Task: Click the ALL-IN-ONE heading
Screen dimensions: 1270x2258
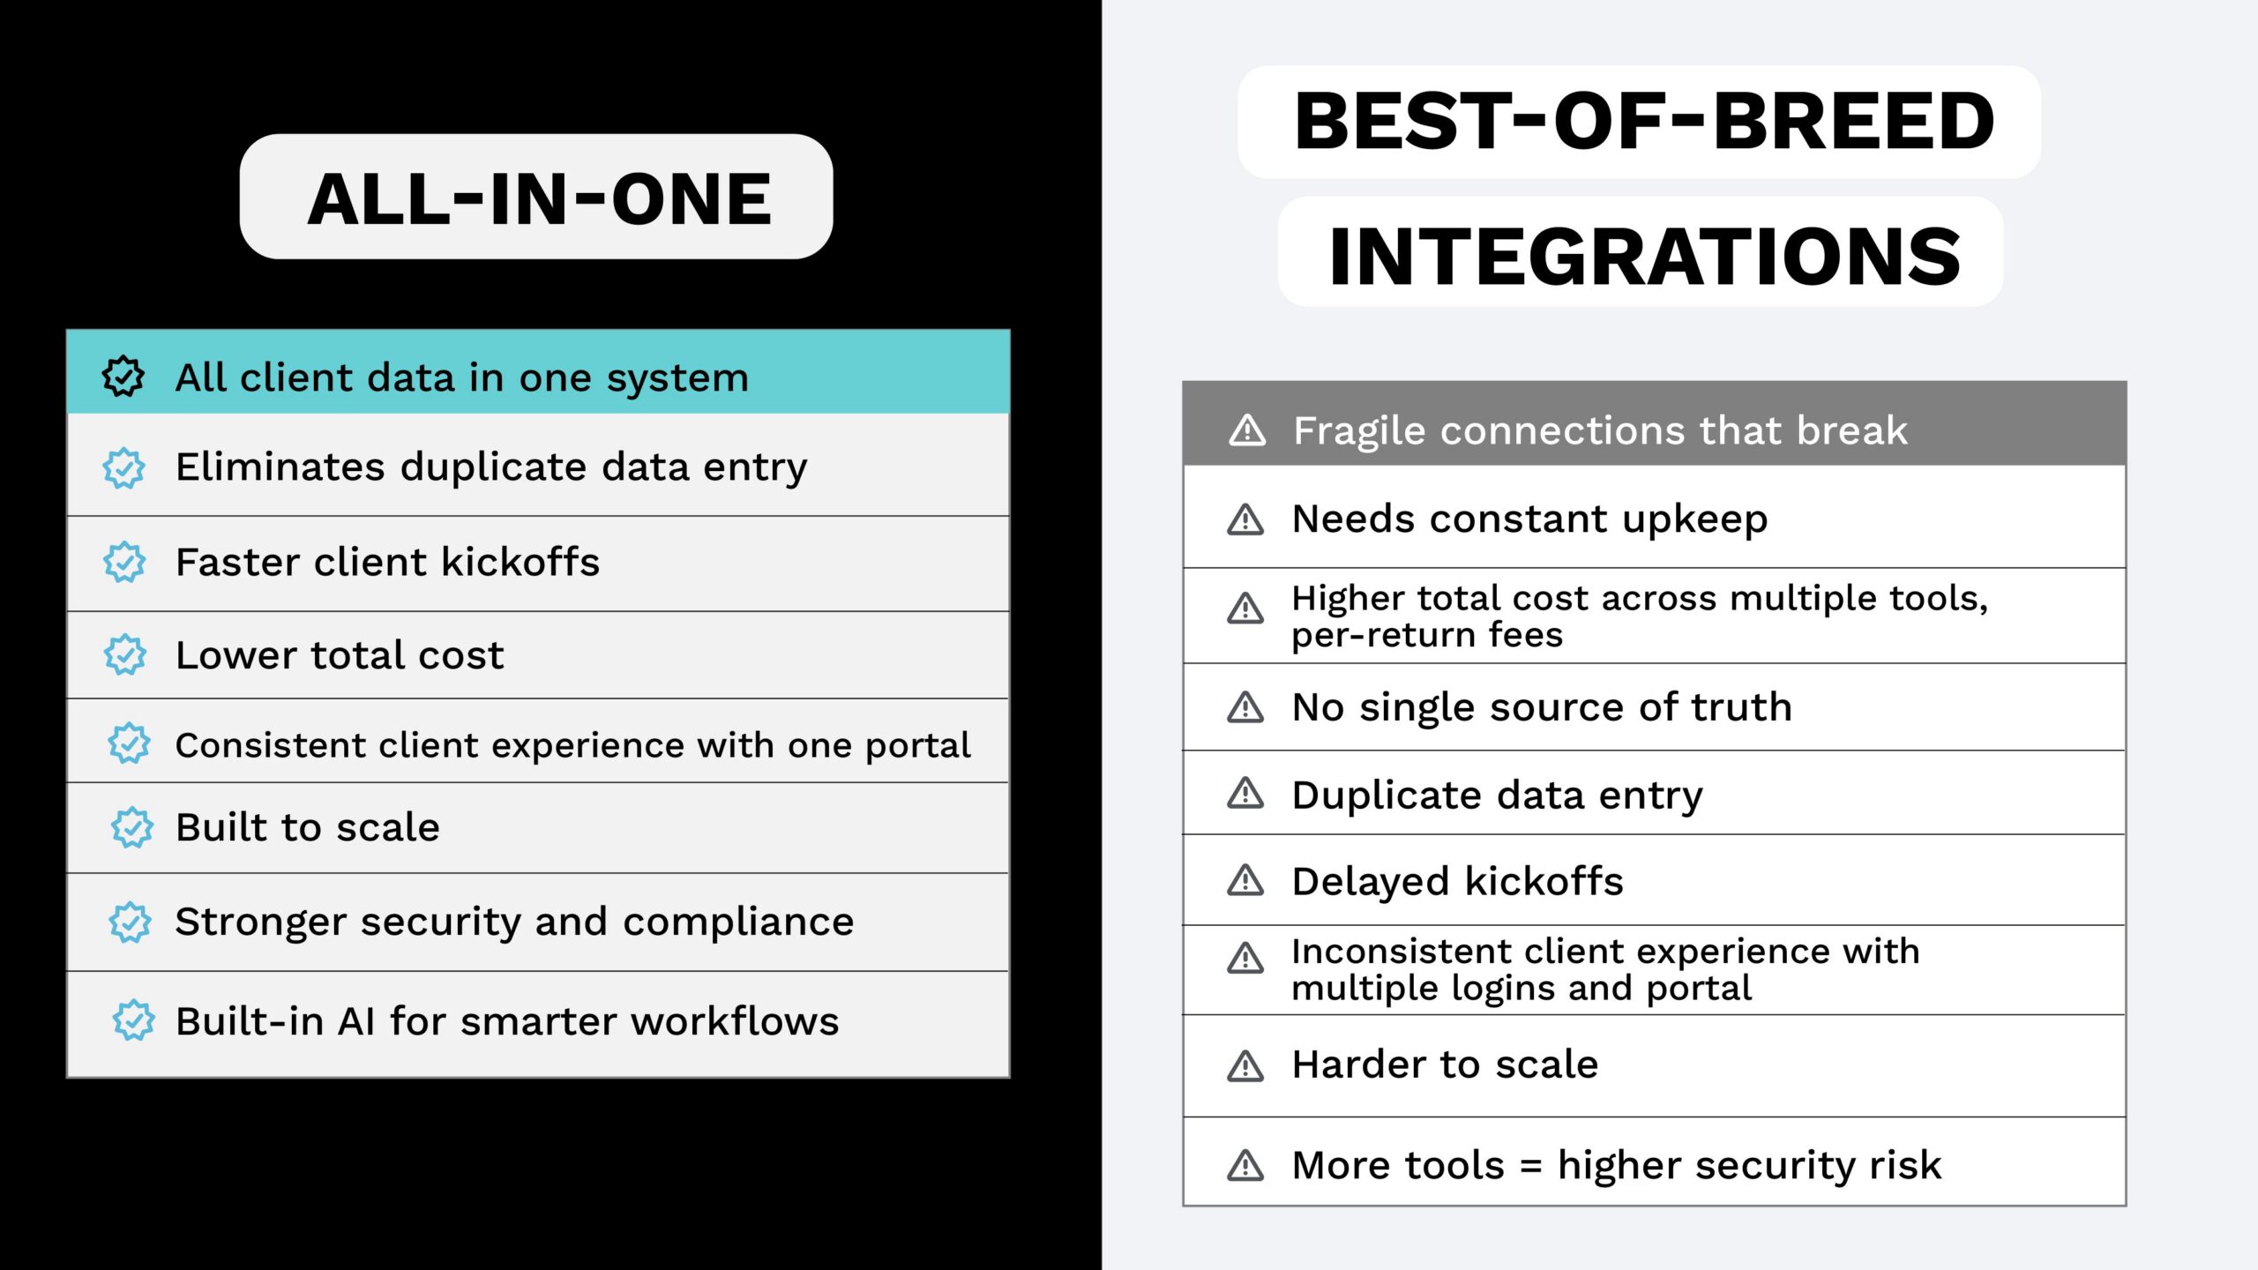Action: click(x=539, y=198)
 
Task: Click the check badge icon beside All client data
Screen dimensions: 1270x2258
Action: click(x=123, y=377)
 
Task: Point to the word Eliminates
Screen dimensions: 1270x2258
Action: click(x=280, y=467)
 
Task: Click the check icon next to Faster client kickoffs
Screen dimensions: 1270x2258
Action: click(x=124, y=562)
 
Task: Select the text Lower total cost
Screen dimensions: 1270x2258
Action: click(x=340, y=655)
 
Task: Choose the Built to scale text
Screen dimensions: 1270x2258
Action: click(x=307, y=827)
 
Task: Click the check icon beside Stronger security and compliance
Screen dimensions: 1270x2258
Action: click(x=131, y=923)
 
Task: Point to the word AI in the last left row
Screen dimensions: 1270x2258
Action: click(x=356, y=1021)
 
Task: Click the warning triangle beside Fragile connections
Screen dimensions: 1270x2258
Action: click(x=1247, y=430)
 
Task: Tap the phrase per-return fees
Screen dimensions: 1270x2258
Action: click(x=1426, y=635)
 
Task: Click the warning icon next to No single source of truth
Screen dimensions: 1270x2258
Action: click(x=1245, y=707)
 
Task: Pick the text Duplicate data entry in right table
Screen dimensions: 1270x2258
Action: click(x=1497, y=796)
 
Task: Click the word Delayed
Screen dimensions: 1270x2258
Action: click(x=1369, y=881)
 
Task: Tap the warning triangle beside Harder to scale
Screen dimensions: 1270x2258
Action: click(x=1245, y=1066)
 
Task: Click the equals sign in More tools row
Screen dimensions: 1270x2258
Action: click(x=1530, y=1167)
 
